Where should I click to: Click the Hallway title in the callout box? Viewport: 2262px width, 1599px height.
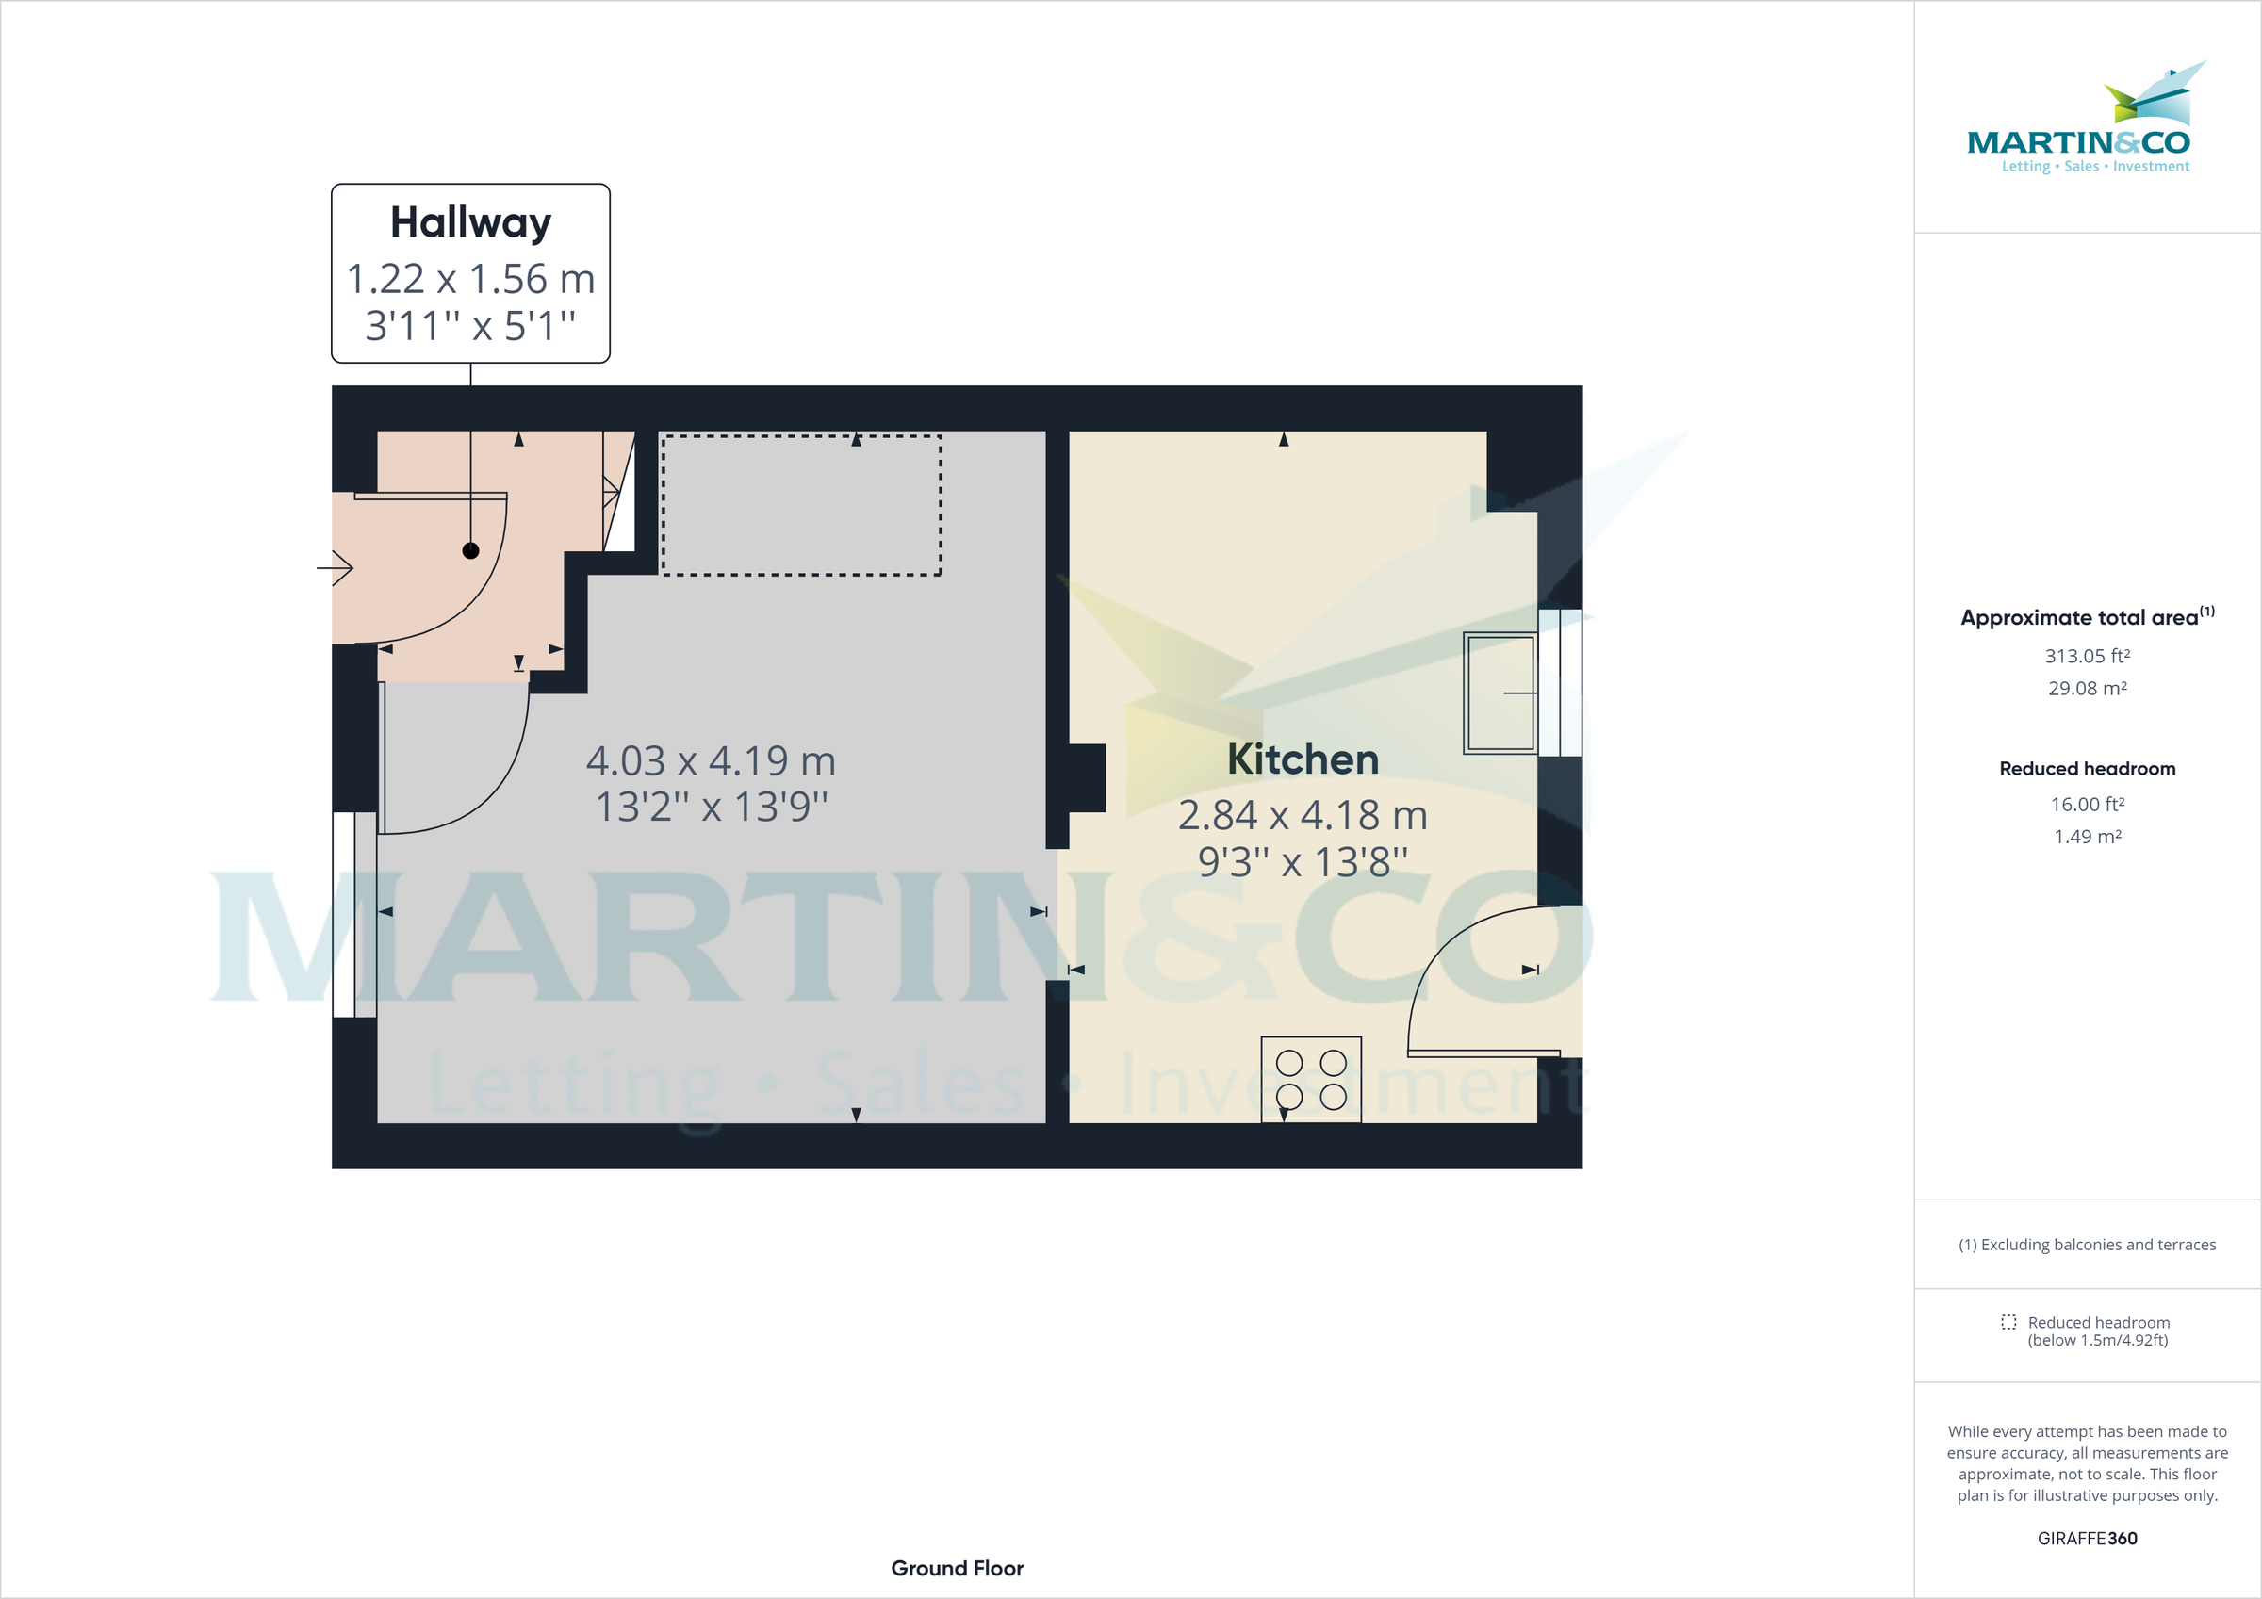[x=471, y=222]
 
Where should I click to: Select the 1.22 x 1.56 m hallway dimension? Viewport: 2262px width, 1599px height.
[x=471, y=279]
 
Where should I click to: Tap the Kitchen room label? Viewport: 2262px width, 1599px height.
[x=1303, y=759]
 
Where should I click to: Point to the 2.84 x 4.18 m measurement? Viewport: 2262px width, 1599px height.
[x=1303, y=815]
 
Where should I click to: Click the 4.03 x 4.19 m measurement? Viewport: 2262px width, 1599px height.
[x=711, y=760]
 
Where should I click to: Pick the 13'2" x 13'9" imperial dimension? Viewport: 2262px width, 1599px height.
[x=711, y=807]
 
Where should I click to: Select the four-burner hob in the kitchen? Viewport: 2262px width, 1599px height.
[x=1311, y=1079]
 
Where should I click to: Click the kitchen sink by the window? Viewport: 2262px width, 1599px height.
[x=1500, y=693]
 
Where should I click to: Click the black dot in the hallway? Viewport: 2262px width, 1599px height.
[x=471, y=550]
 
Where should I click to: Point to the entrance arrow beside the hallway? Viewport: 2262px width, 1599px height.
[x=335, y=568]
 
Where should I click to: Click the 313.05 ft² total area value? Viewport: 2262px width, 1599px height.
[x=2087, y=656]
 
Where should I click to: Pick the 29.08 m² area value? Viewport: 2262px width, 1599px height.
[x=2087, y=689]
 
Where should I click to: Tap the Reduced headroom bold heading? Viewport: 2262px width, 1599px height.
[x=2087, y=769]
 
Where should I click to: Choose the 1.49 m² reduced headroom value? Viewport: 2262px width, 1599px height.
[x=2087, y=837]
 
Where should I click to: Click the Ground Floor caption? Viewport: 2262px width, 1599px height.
[x=957, y=1568]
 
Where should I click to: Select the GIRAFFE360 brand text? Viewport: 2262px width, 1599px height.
[x=2087, y=1538]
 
